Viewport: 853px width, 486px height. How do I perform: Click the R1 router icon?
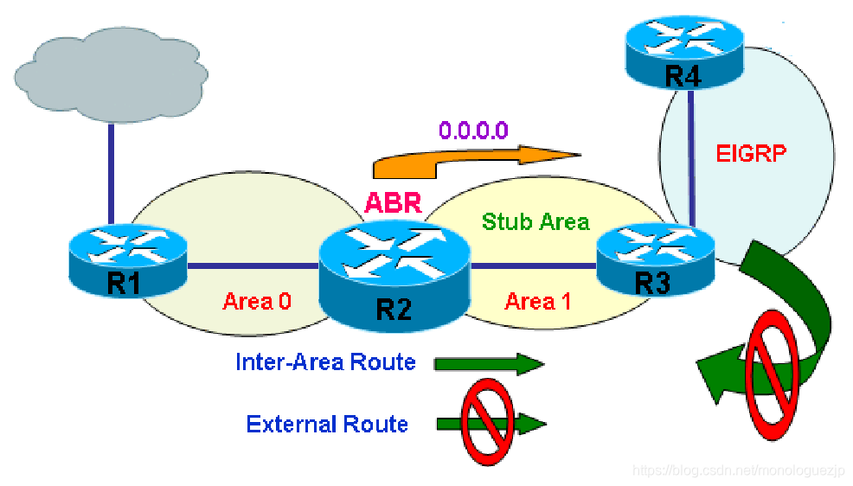point(127,259)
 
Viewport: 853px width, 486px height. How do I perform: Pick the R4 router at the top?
point(683,54)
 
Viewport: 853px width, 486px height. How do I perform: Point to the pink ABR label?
point(393,202)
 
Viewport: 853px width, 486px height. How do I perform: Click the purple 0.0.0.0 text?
point(473,131)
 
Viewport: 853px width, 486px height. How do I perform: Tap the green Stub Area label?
point(536,222)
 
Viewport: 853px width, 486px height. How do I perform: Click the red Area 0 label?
point(257,302)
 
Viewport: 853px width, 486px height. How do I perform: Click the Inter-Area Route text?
point(325,362)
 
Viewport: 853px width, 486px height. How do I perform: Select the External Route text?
point(327,424)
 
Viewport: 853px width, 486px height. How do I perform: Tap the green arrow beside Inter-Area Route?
point(489,364)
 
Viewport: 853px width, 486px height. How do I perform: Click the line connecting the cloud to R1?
point(111,169)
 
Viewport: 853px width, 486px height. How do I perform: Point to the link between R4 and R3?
point(689,156)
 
